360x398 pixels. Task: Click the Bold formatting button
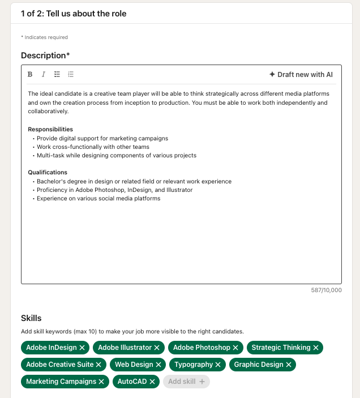(x=30, y=74)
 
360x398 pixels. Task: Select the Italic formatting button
(x=44, y=74)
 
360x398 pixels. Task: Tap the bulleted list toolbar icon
(x=57, y=74)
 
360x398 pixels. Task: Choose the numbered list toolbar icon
(x=71, y=74)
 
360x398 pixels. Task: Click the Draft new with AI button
(x=301, y=74)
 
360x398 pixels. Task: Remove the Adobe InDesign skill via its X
(x=82, y=348)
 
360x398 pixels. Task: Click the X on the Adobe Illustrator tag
(x=157, y=348)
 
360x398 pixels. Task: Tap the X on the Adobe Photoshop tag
(x=235, y=348)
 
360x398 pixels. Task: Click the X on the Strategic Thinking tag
(x=316, y=348)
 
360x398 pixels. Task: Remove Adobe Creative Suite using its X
(x=98, y=365)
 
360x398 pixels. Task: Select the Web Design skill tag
(x=134, y=365)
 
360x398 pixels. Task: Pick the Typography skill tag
(x=194, y=365)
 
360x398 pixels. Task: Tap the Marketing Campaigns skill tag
(x=61, y=382)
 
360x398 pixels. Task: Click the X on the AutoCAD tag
(x=152, y=382)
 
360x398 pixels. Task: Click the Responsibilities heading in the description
(x=50, y=129)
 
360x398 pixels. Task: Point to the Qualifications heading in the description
(x=48, y=172)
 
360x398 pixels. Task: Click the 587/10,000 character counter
(x=327, y=290)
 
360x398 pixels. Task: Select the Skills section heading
(x=31, y=318)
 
